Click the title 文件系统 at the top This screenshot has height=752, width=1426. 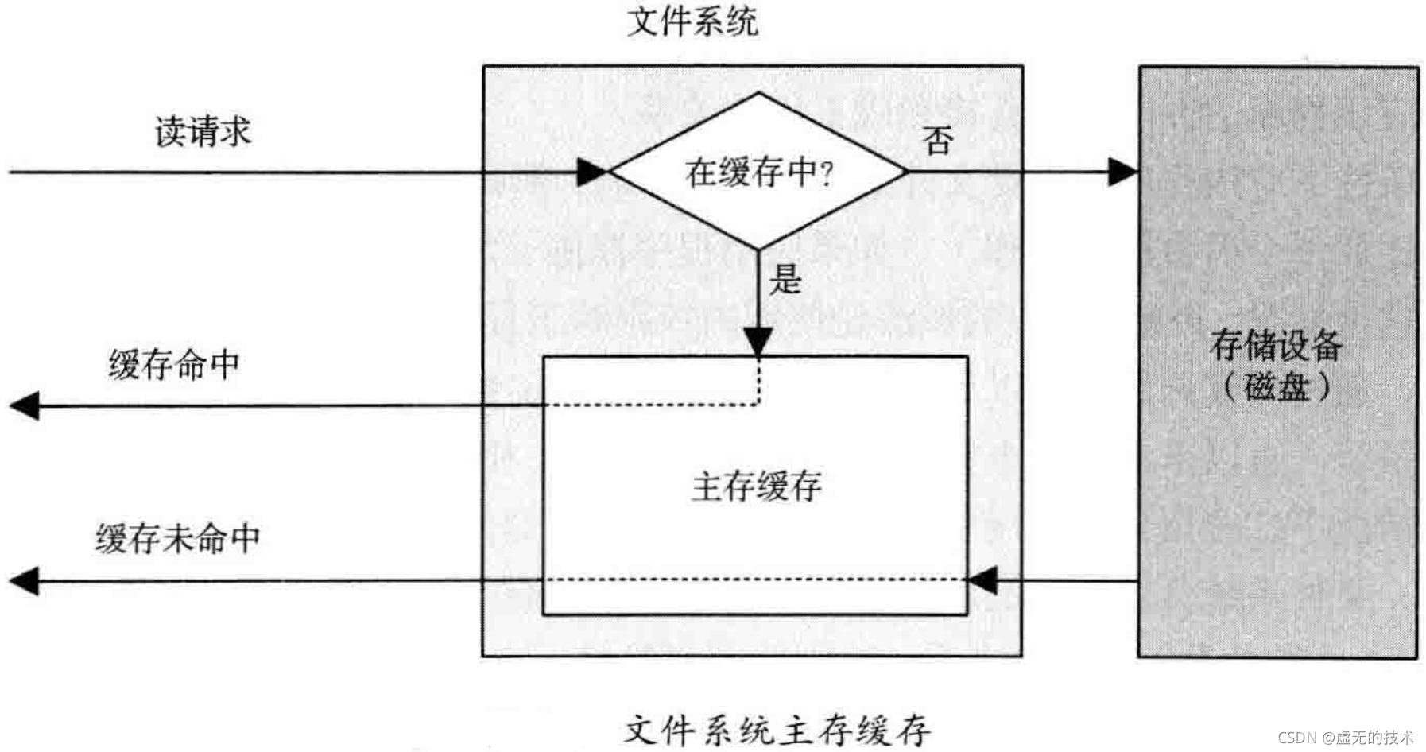coord(692,21)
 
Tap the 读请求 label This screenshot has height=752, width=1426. coord(203,131)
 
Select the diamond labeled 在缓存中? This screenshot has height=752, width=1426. coord(758,172)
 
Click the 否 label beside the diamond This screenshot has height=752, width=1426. coord(938,141)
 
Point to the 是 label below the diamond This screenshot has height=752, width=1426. coord(785,279)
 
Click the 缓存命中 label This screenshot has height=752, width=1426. coord(174,365)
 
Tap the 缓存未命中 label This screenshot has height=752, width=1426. coord(178,538)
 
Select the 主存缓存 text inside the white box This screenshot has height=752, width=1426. coord(756,486)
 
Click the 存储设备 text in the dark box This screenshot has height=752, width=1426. coord(1276,345)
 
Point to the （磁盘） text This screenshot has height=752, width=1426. coord(1276,387)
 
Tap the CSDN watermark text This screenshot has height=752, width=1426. coord(1345,738)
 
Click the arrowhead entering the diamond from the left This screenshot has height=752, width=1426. coord(591,172)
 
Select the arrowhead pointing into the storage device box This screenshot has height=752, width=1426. coord(1122,172)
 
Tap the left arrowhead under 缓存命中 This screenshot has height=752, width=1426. coord(25,405)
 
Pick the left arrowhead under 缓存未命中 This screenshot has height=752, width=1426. coord(25,581)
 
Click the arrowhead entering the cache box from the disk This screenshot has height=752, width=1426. coord(982,581)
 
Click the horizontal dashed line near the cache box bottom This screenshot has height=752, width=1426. coord(755,580)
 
